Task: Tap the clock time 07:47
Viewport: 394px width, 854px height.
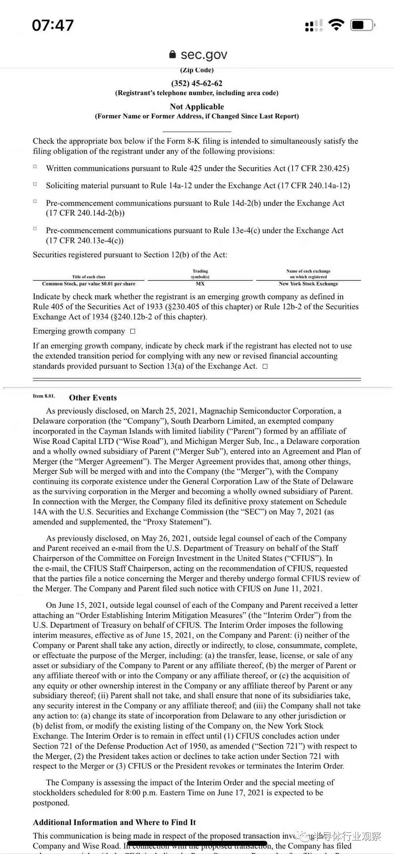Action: pos(53,25)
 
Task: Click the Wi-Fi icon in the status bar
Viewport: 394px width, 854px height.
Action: pos(336,25)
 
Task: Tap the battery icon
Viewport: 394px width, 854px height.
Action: pos(362,25)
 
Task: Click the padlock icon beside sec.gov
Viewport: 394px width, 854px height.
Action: pos(173,54)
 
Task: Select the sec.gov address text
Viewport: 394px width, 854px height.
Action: pos(204,54)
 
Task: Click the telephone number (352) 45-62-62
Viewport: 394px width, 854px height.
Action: pos(197,83)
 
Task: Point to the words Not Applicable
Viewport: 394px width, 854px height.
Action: pos(197,107)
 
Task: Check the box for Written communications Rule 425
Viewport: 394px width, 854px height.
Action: pos(35,167)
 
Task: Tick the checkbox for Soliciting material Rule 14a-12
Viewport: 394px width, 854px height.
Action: pos(35,184)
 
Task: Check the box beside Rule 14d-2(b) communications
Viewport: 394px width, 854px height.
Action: pos(35,201)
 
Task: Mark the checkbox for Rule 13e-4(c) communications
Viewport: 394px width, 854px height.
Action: pos(35,228)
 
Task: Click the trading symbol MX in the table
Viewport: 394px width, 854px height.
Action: pos(200,284)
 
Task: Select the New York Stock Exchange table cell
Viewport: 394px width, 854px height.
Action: pos(308,284)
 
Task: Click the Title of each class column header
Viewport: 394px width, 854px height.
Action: pos(89,277)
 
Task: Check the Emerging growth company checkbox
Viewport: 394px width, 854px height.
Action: pos(133,331)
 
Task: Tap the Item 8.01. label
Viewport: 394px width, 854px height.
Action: pos(44,396)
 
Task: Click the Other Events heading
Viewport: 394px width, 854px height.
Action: pos(93,398)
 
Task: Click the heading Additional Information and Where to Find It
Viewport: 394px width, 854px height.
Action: pos(114,822)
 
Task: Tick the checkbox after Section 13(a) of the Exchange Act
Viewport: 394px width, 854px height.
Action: pos(265,367)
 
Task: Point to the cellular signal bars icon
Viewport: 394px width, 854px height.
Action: pos(314,26)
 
